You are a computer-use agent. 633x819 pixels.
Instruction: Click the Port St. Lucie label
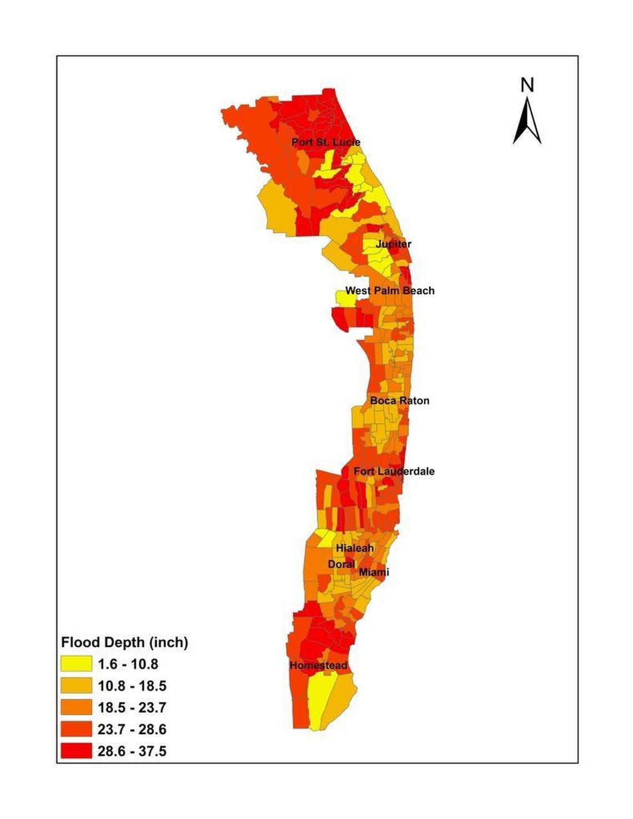coord(326,142)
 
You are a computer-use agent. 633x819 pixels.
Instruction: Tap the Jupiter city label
coord(393,244)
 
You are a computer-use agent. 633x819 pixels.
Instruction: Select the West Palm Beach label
coord(390,290)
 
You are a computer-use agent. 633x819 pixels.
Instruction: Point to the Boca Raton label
coord(399,400)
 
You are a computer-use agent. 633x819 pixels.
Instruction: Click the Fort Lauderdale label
coord(394,471)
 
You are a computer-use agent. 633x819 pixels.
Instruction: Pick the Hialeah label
coord(354,548)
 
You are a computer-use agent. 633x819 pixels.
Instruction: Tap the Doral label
coord(341,564)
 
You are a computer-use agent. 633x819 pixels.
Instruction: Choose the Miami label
coord(374,572)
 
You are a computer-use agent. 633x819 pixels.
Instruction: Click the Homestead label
coord(318,665)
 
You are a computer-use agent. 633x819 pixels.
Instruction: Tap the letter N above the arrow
coord(527,86)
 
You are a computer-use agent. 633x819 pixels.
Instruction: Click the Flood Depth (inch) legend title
coord(124,642)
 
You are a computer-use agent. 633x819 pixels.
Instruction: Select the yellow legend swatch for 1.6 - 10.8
coord(77,664)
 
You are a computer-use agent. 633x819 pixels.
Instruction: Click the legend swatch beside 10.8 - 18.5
coord(77,686)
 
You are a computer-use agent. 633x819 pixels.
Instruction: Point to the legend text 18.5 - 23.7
coord(132,707)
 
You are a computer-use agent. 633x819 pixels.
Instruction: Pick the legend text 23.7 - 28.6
coord(132,729)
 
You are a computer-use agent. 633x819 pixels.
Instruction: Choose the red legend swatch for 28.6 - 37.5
coord(77,751)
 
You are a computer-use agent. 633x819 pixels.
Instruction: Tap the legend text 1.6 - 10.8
coord(128,664)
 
